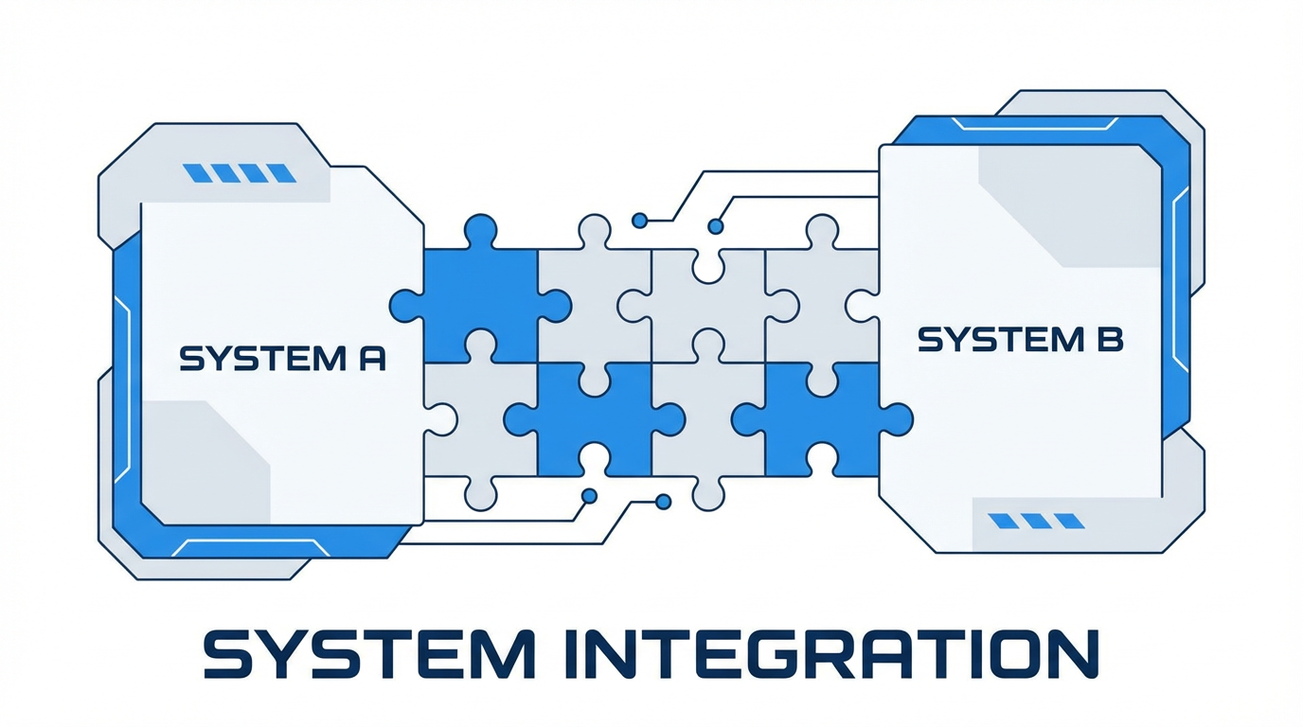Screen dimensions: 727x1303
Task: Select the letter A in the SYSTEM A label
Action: click(x=372, y=360)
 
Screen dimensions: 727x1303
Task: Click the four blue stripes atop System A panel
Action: click(x=239, y=173)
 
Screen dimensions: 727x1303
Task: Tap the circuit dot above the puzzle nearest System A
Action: click(x=639, y=221)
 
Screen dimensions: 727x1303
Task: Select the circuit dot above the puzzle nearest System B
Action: click(x=716, y=226)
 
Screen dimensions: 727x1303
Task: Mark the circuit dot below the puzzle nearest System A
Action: click(x=589, y=495)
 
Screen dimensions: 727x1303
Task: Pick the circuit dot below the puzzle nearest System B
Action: click(x=663, y=501)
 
